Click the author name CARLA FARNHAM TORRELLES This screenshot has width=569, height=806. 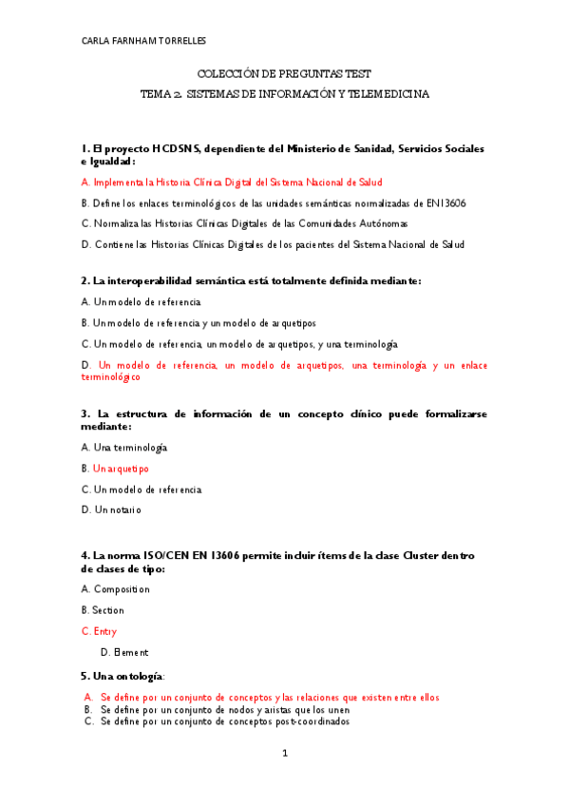(144, 41)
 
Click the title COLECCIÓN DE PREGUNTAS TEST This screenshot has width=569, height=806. (284, 73)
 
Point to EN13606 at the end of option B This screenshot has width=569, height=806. (446, 203)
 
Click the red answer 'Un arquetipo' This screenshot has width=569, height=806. (121, 469)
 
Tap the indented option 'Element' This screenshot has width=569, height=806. (131, 652)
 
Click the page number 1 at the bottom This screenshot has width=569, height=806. (284, 754)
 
